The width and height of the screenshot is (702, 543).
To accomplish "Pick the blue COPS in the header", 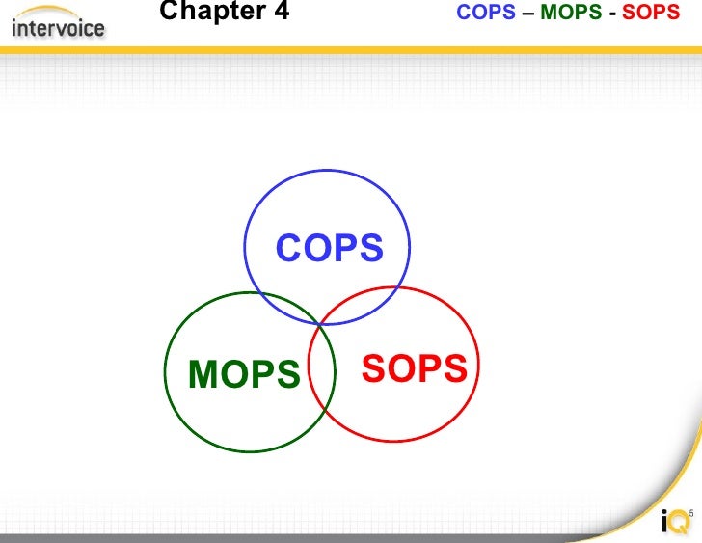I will [x=486, y=14].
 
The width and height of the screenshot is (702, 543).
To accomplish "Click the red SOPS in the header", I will [x=651, y=14].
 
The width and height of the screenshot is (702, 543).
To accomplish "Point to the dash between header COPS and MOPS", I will [x=527, y=14].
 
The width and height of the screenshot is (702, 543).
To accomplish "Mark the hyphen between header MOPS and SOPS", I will [x=613, y=14].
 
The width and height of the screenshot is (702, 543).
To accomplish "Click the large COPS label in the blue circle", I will [x=330, y=248].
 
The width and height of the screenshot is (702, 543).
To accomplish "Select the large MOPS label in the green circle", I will [x=245, y=374].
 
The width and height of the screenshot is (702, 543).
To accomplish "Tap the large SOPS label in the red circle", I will [x=415, y=368].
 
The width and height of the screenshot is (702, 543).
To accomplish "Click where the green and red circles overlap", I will [x=322, y=372].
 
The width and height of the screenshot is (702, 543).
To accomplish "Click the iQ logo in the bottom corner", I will [x=676, y=522].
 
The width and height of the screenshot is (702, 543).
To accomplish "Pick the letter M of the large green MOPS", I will [x=205, y=374].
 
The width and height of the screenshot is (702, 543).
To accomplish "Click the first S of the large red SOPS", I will [x=374, y=368].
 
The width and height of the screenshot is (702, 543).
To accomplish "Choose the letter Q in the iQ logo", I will [x=680, y=522].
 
